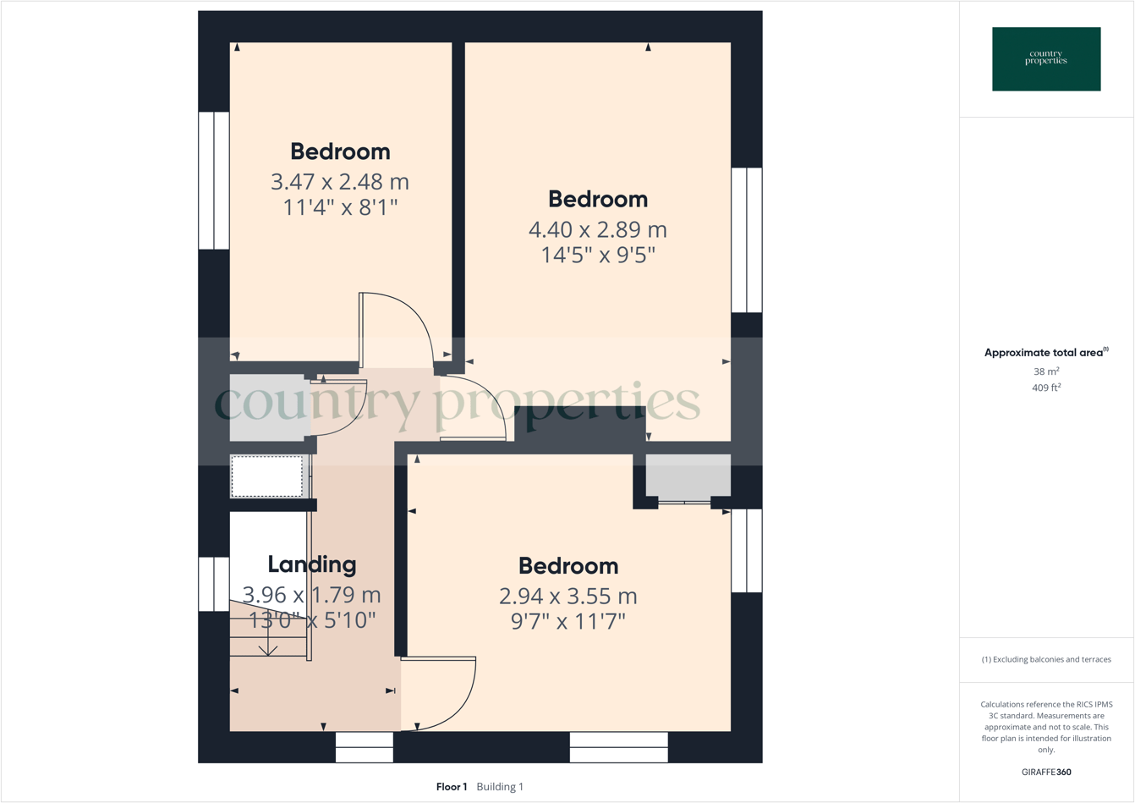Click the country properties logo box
pyautogui.click(x=1046, y=59)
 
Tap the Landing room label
pyautogui.click(x=312, y=564)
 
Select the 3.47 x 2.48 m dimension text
pyautogui.click(x=340, y=182)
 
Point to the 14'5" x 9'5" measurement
pyautogui.click(x=598, y=256)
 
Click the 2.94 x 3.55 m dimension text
pyautogui.click(x=568, y=597)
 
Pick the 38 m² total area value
pyautogui.click(x=1046, y=371)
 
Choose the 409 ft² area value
pyautogui.click(x=1046, y=388)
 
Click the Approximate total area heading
pyautogui.click(x=1046, y=353)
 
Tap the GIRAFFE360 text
pyautogui.click(x=1046, y=772)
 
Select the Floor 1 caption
pyautogui.click(x=452, y=787)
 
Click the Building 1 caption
pyautogui.click(x=500, y=787)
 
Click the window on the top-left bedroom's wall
pyautogui.click(x=214, y=181)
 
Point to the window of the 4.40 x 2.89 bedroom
pyautogui.click(x=747, y=240)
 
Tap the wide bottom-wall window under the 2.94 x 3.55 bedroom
pyautogui.click(x=619, y=746)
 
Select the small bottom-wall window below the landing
pyautogui.click(x=365, y=746)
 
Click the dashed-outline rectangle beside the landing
pyautogui.click(x=267, y=476)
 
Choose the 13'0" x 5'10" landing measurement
pyautogui.click(x=312, y=620)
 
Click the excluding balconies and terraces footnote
pyautogui.click(x=1046, y=659)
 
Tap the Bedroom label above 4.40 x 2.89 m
pyautogui.click(x=598, y=200)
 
